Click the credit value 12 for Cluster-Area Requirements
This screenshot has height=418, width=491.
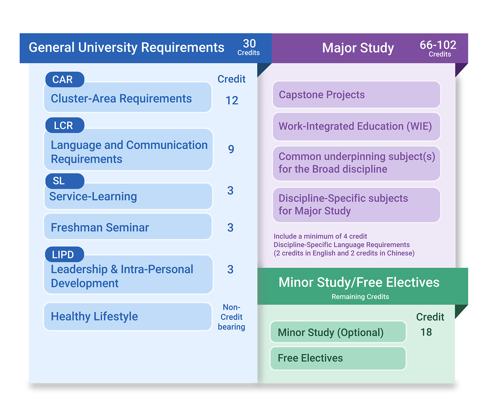tap(232, 101)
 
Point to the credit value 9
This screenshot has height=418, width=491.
tap(231, 149)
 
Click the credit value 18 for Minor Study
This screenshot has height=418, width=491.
tap(426, 332)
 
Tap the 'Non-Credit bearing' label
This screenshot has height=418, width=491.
tap(231, 317)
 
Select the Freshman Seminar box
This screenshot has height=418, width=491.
tap(128, 227)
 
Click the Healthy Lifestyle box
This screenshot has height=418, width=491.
tap(128, 316)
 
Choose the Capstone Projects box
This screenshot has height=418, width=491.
tap(356, 95)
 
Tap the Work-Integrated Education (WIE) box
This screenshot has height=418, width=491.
tap(356, 126)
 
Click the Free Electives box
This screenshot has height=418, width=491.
tap(338, 358)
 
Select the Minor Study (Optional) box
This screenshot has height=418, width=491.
tap(338, 332)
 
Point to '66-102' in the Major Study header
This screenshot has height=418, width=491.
tap(438, 45)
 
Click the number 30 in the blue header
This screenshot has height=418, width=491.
tap(249, 43)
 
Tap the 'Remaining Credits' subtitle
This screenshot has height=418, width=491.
tap(360, 297)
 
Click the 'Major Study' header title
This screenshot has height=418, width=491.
tap(358, 48)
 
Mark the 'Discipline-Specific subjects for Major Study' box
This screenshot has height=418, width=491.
tap(356, 205)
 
